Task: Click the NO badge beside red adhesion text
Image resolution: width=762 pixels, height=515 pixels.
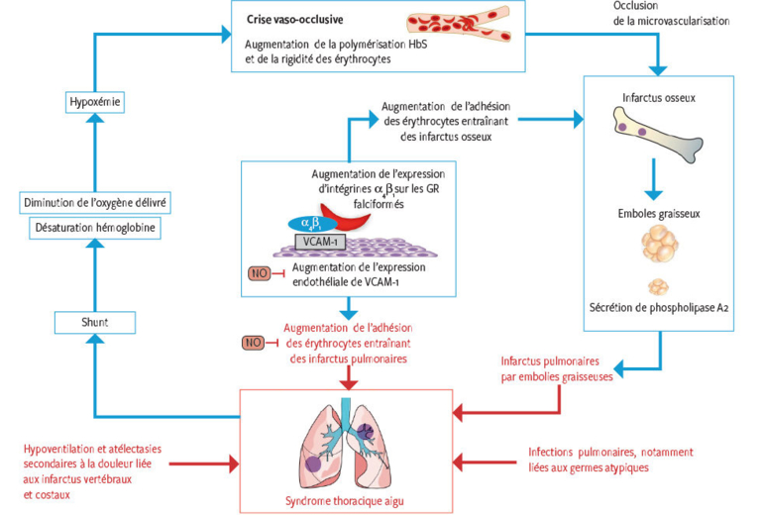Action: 253,343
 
